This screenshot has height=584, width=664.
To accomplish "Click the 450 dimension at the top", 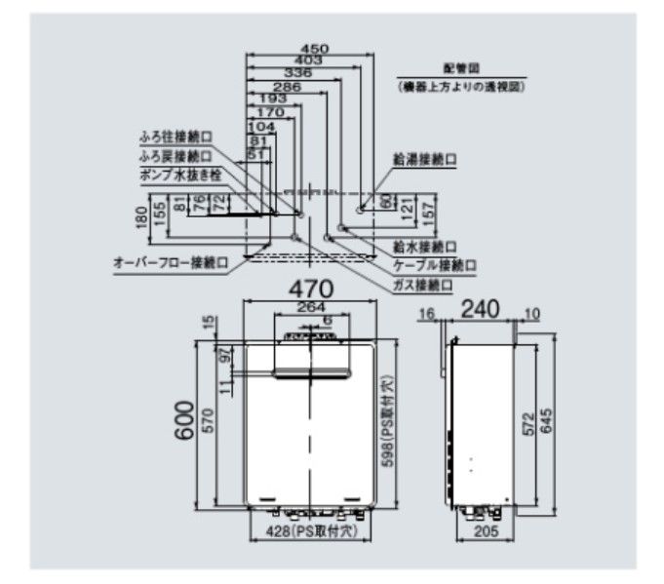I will (x=314, y=48).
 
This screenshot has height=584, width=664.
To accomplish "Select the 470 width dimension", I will (x=309, y=289).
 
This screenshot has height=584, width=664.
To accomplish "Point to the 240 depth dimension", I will (x=480, y=309).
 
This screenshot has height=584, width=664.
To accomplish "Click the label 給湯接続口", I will (x=425, y=158).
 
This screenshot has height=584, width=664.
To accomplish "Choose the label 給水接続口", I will (x=425, y=248).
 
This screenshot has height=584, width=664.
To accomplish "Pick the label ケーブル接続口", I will (x=434, y=265).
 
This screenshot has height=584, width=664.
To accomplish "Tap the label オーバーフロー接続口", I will (x=171, y=262).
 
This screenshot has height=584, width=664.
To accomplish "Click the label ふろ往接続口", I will (x=176, y=138).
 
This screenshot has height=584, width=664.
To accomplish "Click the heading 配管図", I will (x=455, y=69).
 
